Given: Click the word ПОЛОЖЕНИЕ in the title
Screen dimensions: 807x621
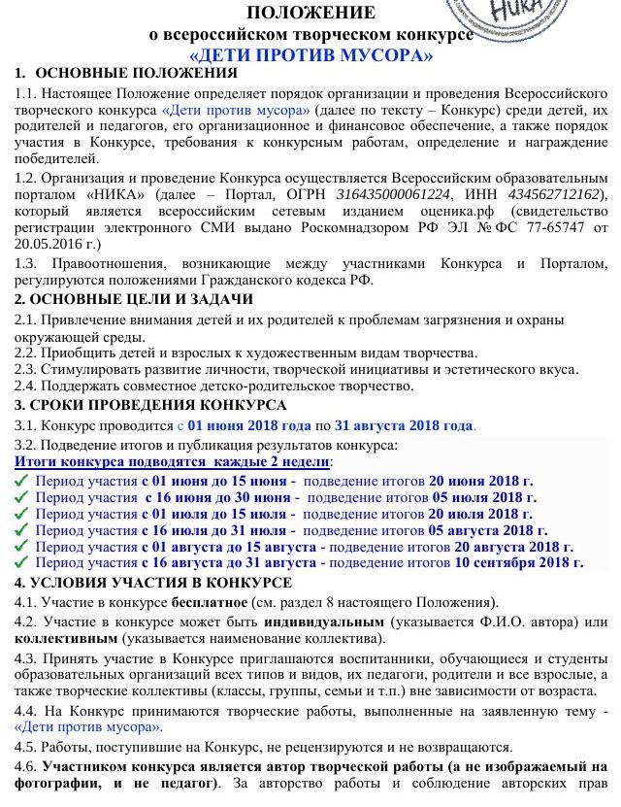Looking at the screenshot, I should [310, 13].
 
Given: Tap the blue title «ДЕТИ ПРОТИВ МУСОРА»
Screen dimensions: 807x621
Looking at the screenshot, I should [310, 55].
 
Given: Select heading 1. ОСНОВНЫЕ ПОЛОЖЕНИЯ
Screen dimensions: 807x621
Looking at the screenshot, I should [125, 75].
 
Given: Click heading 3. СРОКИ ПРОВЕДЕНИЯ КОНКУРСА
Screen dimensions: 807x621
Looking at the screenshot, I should [151, 405].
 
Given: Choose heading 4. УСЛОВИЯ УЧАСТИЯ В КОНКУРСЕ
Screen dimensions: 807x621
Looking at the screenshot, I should [153, 583].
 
